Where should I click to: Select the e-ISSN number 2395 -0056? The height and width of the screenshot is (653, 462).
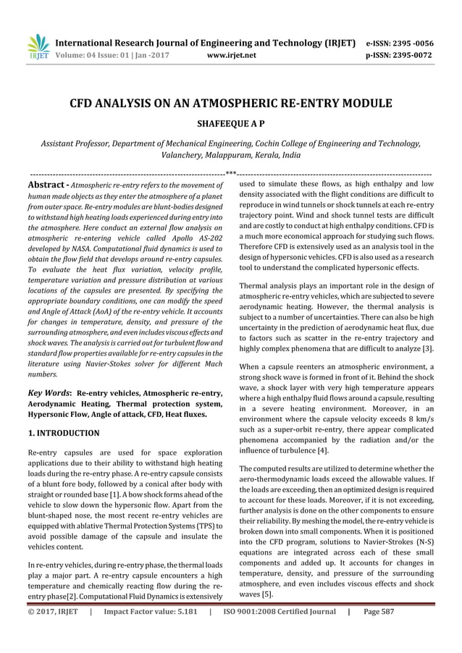coord(413,43)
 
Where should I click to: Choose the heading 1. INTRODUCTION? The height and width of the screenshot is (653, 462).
coord(63,433)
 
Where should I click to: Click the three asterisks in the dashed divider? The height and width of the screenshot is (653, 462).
coord(230,173)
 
